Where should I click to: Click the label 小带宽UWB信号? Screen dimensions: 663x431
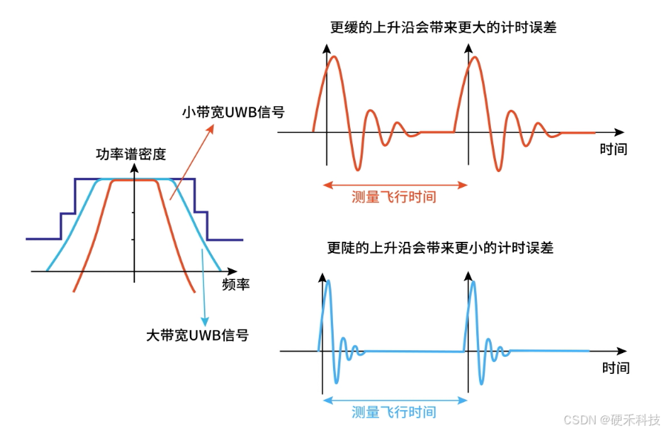[x=233, y=113]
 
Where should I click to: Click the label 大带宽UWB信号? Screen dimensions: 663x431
[x=197, y=335]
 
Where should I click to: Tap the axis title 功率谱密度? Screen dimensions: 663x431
[x=131, y=154]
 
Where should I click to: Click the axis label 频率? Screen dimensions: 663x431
[x=236, y=284]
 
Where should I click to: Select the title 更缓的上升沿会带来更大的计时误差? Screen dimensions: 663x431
[x=443, y=28]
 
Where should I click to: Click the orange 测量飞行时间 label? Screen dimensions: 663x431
[x=393, y=197]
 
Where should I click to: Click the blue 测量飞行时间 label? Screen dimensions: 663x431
[x=393, y=412]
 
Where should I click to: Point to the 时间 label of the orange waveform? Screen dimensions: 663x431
[x=613, y=149]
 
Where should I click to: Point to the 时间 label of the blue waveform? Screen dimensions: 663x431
[x=615, y=367]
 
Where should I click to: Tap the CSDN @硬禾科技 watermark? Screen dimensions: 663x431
[x=612, y=420]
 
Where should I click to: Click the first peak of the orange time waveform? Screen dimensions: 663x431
[x=333, y=56]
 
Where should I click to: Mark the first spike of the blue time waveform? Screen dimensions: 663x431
[x=329, y=281]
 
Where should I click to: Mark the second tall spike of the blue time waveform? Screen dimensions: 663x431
[x=473, y=281]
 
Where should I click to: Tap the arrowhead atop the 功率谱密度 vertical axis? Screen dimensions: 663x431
[x=134, y=168]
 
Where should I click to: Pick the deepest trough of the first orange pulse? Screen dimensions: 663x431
[x=358, y=168]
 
